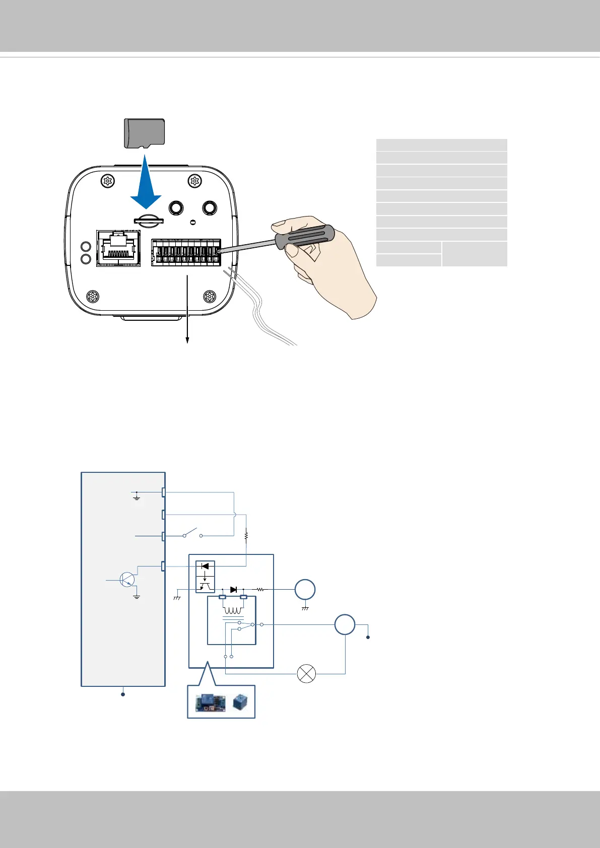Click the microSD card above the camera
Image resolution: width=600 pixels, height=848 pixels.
145,133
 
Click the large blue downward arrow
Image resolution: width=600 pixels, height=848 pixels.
146,186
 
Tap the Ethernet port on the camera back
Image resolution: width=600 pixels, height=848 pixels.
118,248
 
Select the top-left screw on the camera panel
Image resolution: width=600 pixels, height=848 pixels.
107,181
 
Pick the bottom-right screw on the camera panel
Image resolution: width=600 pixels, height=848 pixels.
210,296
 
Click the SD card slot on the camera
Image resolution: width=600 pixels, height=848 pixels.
148,220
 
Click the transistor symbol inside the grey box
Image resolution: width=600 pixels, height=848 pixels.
128,580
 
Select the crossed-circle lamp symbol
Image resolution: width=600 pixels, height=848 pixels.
307,674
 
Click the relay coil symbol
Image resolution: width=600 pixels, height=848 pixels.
233,610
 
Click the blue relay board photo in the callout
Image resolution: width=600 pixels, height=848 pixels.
210,702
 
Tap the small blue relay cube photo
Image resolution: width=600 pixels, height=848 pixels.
240,702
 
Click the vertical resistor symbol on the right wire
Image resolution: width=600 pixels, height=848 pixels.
246,536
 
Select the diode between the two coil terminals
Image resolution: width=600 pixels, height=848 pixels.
233,589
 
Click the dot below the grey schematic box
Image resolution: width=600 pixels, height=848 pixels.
123,694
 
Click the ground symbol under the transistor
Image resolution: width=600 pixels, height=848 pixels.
136,597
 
